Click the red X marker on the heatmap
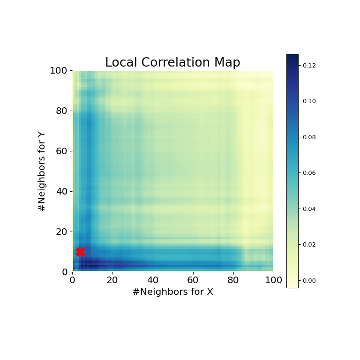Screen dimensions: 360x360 tap(80, 252)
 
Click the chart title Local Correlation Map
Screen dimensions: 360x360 tap(172, 63)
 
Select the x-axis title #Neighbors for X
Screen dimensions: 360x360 tap(172, 292)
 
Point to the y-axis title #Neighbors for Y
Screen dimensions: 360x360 tap(42, 171)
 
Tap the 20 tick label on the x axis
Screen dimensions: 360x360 tap(112, 280)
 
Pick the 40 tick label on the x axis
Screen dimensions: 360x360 tap(153, 280)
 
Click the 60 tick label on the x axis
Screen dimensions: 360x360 tap(193, 280)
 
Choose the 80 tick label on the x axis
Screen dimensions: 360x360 tap(233, 280)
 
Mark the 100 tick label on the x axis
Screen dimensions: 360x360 tap(273, 280)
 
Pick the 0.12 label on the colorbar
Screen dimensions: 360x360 tap(309, 66)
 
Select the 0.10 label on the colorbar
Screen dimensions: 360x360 tap(309, 101)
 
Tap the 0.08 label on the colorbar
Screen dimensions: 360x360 tap(309, 137)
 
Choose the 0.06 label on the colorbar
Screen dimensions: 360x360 tap(309, 173)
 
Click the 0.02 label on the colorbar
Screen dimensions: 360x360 tap(309, 245)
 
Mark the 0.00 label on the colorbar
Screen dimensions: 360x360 tap(309, 280)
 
